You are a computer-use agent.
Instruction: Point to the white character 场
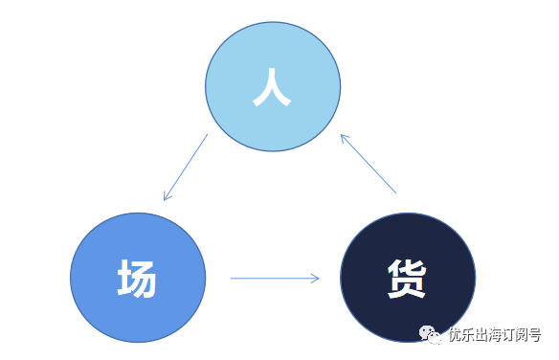pyautogui.click(x=137, y=280)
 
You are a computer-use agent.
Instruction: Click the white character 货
pyautogui.click(x=407, y=280)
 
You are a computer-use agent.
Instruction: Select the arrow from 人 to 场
pyautogui.click(x=186, y=168)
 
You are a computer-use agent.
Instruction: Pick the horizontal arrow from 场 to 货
pyautogui.click(x=275, y=279)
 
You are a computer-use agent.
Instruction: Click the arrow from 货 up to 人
pyautogui.click(x=369, y=164)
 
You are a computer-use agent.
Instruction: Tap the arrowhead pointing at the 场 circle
pyautogui.click(x=167, y=197)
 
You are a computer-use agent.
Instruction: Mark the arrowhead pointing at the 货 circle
pyautogui.click(x=315, y=279)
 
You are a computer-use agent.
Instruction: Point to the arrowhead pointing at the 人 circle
pyautogui.click(x=344, y=137)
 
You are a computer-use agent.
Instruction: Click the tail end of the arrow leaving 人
pyautogui.click(x=207, y=135)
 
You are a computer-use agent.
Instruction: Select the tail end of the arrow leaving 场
pyautogui.click(x=233, y=279)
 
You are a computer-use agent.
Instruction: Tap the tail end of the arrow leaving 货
pyautogui.click(x=395, y=193)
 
